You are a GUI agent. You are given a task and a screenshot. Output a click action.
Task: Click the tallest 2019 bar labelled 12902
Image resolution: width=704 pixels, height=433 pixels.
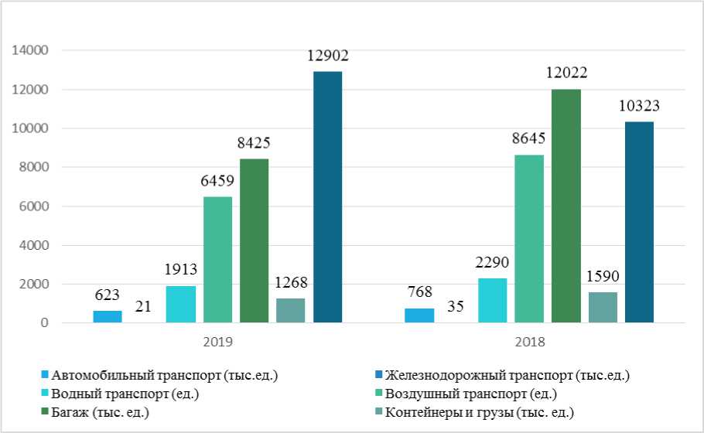[327, 197]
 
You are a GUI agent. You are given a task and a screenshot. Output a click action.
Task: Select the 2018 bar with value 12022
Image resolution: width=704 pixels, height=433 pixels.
[566, 206]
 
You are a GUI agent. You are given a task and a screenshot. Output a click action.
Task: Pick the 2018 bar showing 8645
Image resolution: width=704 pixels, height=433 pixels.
[529, 238]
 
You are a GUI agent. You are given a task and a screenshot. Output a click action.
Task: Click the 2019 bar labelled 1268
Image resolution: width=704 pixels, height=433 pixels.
[290, 310]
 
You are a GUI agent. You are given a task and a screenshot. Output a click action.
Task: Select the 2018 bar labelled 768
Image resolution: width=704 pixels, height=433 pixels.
[419, 315]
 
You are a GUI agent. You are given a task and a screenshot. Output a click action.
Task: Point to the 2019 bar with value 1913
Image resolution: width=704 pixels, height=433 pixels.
[180, 304]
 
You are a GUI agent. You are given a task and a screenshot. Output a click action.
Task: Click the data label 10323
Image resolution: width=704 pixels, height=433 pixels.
[638, 106]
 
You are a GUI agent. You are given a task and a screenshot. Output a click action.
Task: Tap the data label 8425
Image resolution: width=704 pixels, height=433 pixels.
[255, 142]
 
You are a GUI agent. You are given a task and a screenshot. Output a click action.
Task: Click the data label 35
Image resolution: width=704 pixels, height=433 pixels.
[456, 307]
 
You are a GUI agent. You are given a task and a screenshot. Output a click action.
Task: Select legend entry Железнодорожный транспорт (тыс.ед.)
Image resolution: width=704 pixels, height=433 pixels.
[507, 376]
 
